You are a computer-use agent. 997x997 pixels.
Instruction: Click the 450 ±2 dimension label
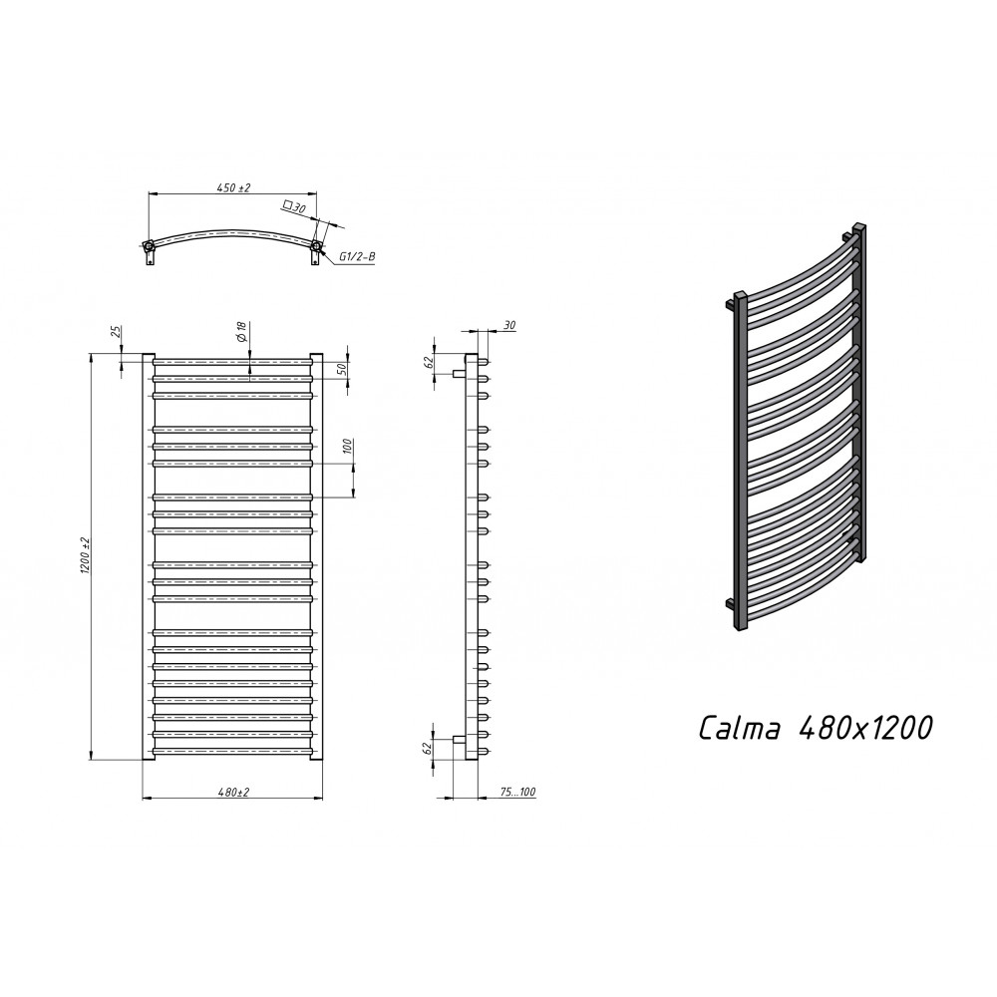pyautogui.click(x=234, y=187)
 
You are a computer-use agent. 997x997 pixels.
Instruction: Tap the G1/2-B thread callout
pyautogui.click(x=357, y=256)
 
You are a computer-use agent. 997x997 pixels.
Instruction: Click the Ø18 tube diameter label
pyautogui.click(x=242, y=333)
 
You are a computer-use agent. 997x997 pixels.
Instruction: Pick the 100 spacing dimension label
pyautogui.click(x=347, y=447)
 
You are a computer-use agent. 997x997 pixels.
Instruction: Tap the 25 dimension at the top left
pyautogui.click(x=116, y=332)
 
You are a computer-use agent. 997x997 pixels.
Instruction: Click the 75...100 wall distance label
pyautogui.click(x=518, y=793)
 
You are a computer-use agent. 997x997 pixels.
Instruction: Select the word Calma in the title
pyautogui.click(x=740, y=728)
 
